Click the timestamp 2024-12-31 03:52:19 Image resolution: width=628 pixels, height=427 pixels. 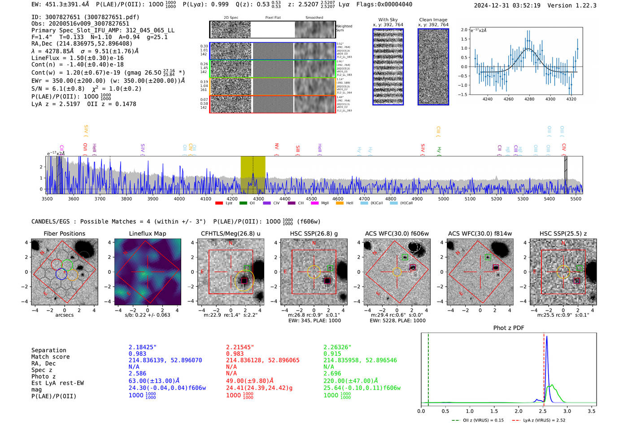pyautogui.click(x=507, y=6)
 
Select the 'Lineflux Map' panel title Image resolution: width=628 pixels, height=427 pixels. pyautogui.click(x=147, y=233)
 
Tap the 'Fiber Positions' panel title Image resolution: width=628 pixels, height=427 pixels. pyautogui.click(x=64, y=233)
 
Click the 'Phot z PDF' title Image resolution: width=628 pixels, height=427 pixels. pyautogui.click(x=508, y=328)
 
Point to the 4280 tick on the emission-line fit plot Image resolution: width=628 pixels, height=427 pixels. pyautogui.click(x=529, y=99)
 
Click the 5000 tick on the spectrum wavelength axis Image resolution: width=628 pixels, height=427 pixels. pyautogui.click(x=443, y=199)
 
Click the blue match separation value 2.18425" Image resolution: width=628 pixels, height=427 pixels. pyautogui.click(x=143, y=347)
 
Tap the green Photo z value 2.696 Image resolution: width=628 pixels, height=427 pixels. pyautogui.click(x=332, y=373)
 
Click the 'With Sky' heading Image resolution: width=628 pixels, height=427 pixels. pyautogui.click(x=388, y=20)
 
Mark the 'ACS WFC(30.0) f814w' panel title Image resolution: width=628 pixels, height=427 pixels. pyautogui.click(x=480, y=233)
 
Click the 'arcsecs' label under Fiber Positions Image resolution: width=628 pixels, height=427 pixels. pyautogui.click(x=64, y=315)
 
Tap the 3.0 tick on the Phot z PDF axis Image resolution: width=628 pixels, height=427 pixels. pyautogui.click(x=567, y=411)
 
